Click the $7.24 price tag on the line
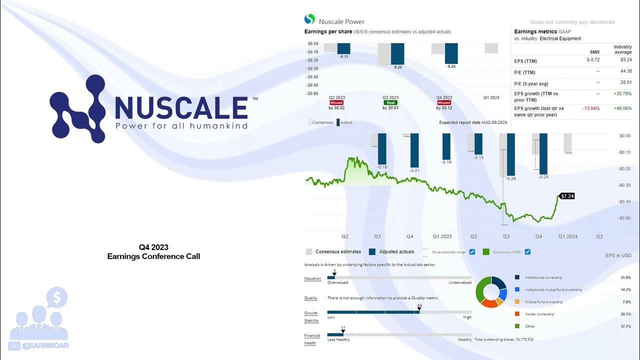click(x=566, y=196)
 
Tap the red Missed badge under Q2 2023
click(x=336, y=102)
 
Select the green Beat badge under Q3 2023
click(x=390, y=102)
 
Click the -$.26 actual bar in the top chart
click(x=397, y=55)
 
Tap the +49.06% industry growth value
click(x=622, y=108)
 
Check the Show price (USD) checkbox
click(x=527, y=251)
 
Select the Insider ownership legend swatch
click(x=517, y=314)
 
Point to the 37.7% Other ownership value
click(x=625, y=326)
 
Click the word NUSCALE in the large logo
click(x=181, y=107)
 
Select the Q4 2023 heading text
click(x=153, y=247)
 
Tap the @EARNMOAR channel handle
click(x=45, y=345)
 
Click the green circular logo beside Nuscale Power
click(x=309, y=19)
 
